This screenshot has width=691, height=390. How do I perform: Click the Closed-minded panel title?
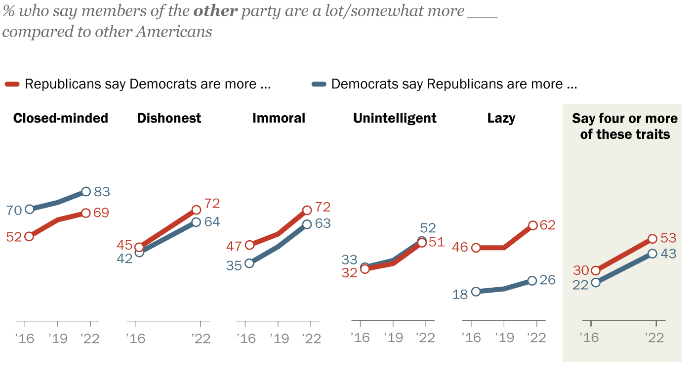click(x=61, y=119)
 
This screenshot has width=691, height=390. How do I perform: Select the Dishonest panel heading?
click(x=169, y=119)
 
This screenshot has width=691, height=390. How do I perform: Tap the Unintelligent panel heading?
click(x=395, y=119)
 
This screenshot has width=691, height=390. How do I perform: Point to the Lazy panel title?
click(x=501, y=119)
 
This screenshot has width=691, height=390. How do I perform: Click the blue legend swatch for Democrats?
click(x=320, y=84)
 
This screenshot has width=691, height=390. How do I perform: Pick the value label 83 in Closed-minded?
click(x=102, y=192)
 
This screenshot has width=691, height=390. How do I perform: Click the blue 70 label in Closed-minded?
click(x=13, y=211)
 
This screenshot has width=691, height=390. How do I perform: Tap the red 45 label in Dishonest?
click(x=124, y=245)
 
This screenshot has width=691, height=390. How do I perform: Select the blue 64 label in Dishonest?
click(x=212, y=222)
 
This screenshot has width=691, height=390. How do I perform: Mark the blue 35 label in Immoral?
click(x=234, y=265)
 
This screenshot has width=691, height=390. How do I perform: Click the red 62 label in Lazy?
click(x=548, y=225)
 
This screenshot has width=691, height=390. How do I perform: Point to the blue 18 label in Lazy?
click(x=460, y=295)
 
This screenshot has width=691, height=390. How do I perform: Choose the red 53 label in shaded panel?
click(x=668, y=238)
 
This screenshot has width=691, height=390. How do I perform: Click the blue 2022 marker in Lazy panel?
click(x=531, y=280)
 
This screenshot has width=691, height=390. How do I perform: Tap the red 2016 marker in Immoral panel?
click(x=249, y=245)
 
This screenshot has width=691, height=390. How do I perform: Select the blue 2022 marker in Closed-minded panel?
click(x=86, y=191)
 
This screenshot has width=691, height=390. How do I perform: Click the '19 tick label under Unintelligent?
click(x=393, y=338)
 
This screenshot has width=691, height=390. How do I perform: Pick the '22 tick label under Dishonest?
click(x=200, y=338)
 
